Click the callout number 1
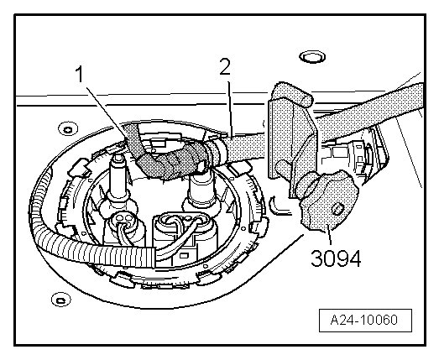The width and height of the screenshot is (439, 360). pyautogui.click(x=80, y=75)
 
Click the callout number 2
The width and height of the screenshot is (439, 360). pyautogui.click(x=225, y=66)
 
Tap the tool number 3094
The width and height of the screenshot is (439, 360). pyautogui.click(x=336, y=258)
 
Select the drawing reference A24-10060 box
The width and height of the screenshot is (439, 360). pyautogui.click(x=365, y=321)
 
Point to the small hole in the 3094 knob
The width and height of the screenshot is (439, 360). pyautogui.click(x=337, y=209)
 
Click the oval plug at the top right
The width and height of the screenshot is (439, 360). pyautogui.click(x=312, y=57)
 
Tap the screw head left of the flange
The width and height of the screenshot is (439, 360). pyautogui.click(x=68, y=129)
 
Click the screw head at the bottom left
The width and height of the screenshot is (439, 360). pyautogui.click(x=60, y=300)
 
